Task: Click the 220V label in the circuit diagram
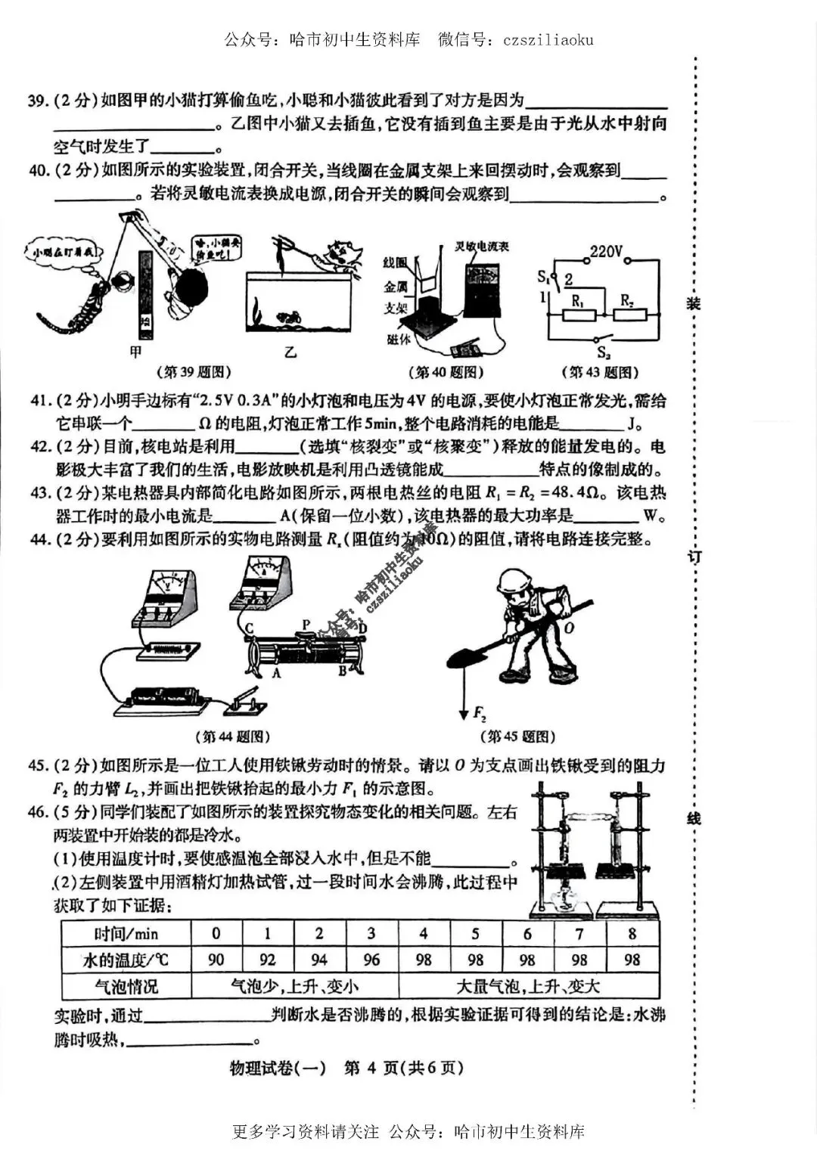pos(606,251)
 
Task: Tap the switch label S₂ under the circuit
pos(603,352)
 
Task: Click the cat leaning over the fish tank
pos(341,254)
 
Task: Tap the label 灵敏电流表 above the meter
pos(481,246)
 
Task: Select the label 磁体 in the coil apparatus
pos(399,340)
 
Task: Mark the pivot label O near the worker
pos(569,628)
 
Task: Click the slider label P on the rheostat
pos(306,625)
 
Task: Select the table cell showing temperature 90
pos(216,960)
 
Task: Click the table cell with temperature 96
pos(371,960)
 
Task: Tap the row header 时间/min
pos(126,934)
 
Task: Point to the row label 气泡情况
pos(126,986)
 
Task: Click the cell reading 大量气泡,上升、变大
pos(528,986)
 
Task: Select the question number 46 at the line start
pos(38,812)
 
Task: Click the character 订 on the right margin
pos(694,557)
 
